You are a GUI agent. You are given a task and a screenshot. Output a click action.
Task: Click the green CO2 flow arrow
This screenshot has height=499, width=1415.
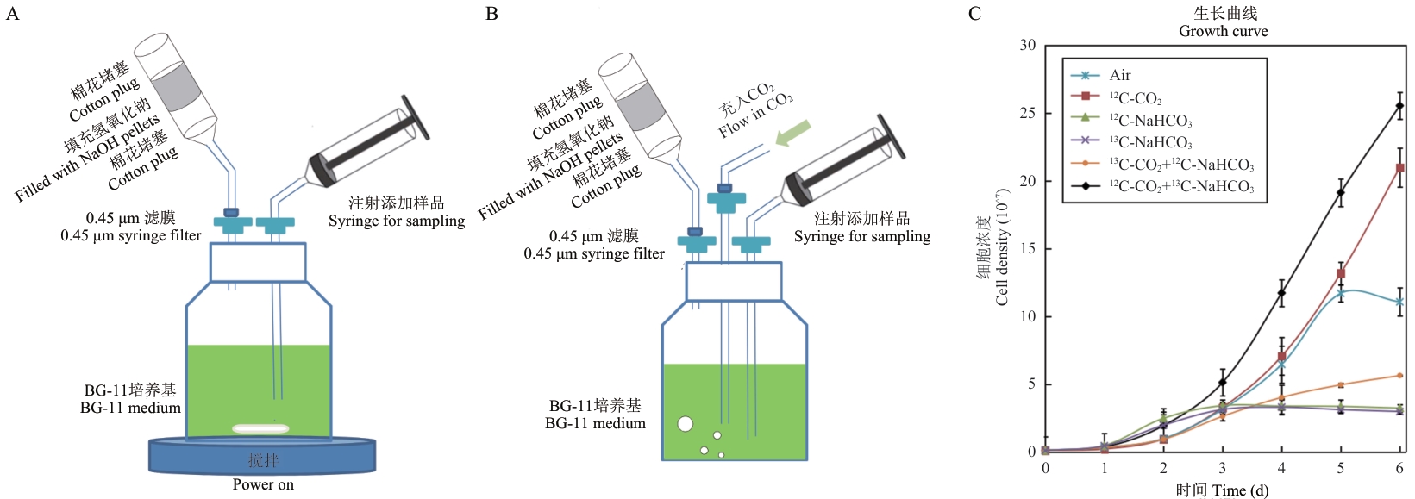(x=792, y=134)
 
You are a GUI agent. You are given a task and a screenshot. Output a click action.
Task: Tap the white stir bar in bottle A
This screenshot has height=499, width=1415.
(x=261, y=429)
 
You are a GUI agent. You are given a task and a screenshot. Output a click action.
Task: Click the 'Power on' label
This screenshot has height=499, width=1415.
(x=263, y=484)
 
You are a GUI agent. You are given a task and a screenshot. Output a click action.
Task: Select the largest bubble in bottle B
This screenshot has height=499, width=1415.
(x=685, y=423)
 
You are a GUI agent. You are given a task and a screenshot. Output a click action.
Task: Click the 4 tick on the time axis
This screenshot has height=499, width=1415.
(x=1281, y=468)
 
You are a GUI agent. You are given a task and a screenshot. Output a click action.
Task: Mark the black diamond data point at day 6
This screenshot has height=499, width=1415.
(x=1399, y=105)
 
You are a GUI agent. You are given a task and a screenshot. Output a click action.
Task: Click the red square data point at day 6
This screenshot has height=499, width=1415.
(x=1399, y=168)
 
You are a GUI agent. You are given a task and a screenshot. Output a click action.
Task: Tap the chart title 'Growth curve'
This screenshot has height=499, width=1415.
(x=1223, y=31)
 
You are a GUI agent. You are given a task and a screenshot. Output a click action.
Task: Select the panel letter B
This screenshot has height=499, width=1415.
(x=491, y=13)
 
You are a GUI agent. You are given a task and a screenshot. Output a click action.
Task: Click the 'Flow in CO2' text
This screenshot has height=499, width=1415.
(x=756, y=115)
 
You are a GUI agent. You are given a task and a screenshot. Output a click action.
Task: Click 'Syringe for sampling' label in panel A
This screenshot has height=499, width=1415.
(x=397, y=221)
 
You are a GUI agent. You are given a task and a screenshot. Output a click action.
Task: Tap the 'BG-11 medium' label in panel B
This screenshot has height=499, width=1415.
(x=595, y=423)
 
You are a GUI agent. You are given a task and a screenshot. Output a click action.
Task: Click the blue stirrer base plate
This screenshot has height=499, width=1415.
(x=262, y=456)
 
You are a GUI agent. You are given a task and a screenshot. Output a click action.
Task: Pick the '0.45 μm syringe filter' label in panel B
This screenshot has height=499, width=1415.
(x=594, y=254)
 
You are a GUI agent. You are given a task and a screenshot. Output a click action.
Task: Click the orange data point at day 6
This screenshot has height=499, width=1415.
(x=1399, y=376)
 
